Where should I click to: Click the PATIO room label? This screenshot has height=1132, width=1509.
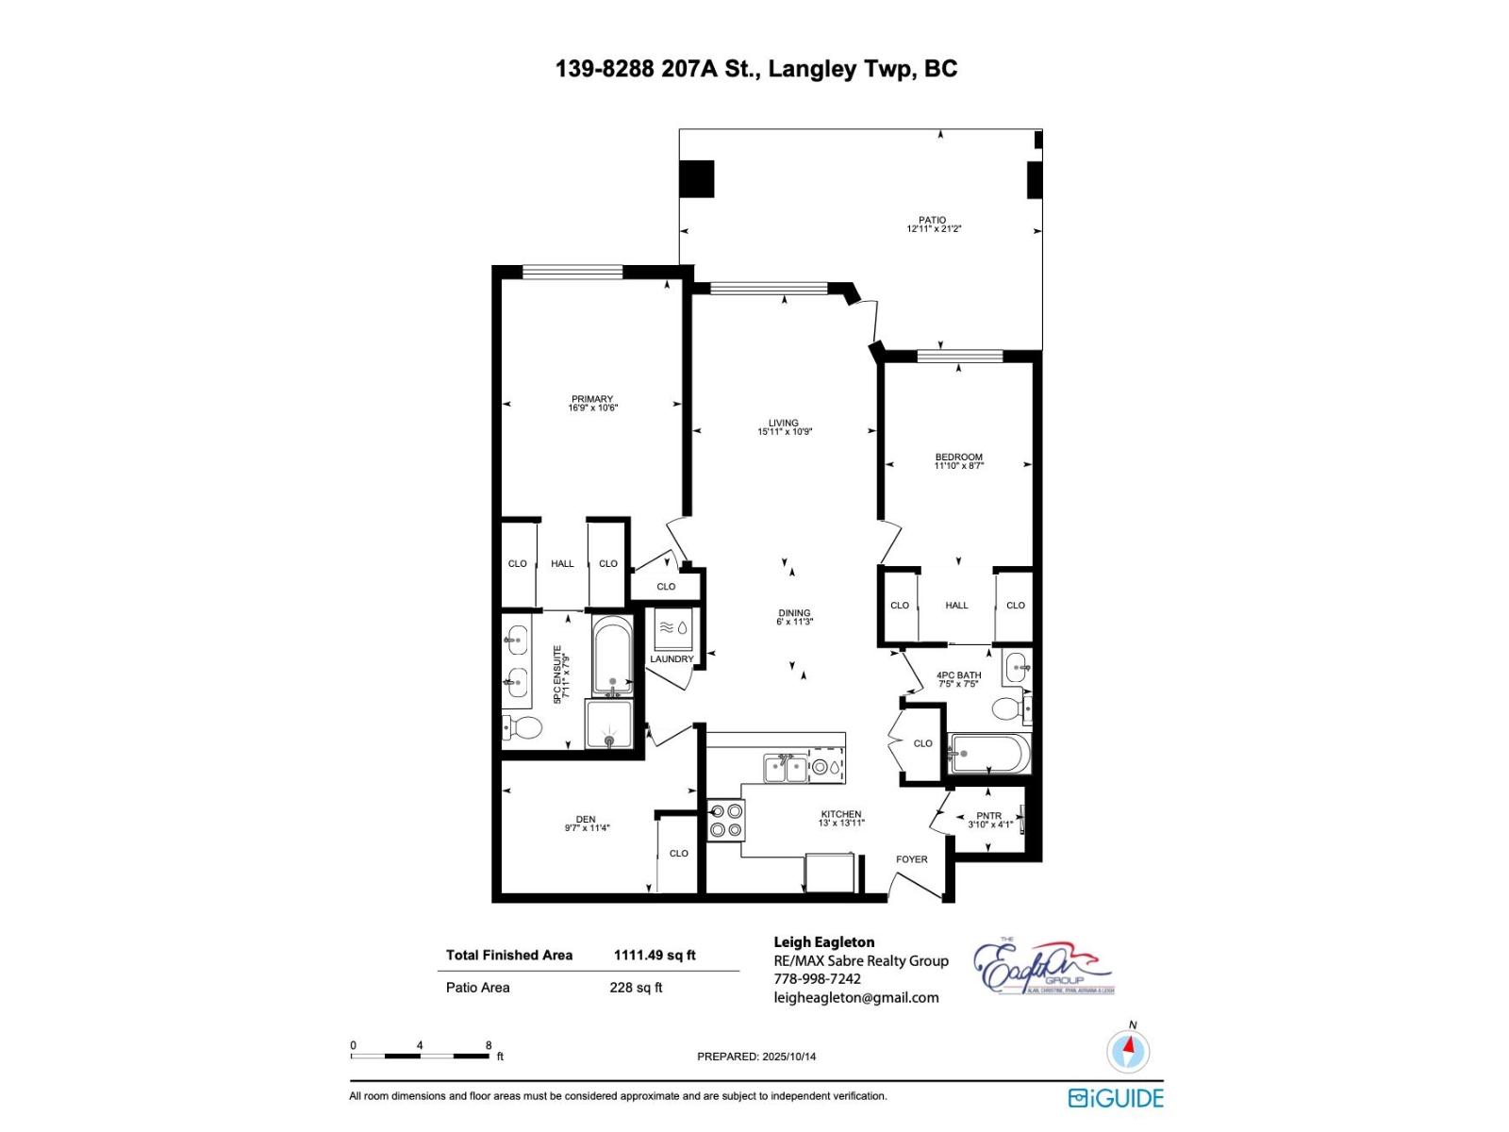click(x=932, y=220)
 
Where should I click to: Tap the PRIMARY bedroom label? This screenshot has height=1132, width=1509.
click(x=591, y=399)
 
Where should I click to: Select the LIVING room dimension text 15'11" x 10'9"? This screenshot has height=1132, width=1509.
click(x=784, y=432)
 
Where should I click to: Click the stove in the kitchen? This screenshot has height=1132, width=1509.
click(x=725, y=820)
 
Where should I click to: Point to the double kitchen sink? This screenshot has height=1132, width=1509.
click(x=785, y=768)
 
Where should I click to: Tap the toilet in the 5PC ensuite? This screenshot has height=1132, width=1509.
click(x=523, y=727)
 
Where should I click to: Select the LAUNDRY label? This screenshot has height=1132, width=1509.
click(x=671, y=658)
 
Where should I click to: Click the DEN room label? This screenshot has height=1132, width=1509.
click(x=586, y=819)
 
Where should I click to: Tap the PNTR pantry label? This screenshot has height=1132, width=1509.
click(x=988, y=816)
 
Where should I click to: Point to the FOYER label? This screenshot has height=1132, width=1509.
click(x=911, y=859)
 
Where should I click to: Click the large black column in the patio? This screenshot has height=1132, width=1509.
click(x=697, y=179)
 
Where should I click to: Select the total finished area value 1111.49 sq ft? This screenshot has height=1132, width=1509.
click(x=654, y=955)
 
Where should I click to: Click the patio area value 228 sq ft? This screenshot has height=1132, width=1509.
click(x=636, y=988)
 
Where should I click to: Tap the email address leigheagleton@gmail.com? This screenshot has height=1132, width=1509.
click(x=855, y=998)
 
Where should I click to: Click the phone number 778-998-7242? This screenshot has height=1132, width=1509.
click(x=817, y=979)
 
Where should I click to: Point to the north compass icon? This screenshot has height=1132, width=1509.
click(x=1127, y=1049)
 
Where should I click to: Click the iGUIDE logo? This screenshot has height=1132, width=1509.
click(x=1116, y=1098)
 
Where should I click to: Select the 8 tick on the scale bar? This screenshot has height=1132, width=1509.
click(x=489, y=1045)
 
